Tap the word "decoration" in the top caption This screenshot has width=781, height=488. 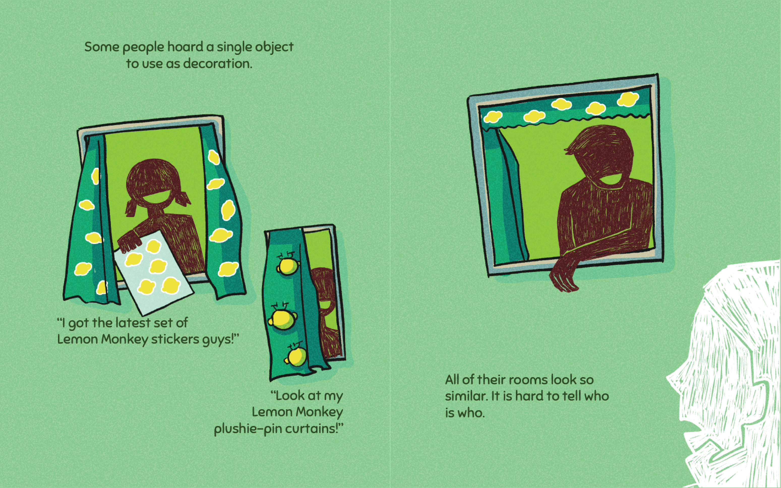[217, 64]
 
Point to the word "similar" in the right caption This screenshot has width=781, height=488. [467, 396]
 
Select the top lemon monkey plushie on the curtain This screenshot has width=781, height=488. [287, 264]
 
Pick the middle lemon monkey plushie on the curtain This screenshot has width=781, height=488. [282, 318]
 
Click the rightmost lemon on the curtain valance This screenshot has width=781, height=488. [628, 99]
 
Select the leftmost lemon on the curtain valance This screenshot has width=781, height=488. [492, 117]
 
